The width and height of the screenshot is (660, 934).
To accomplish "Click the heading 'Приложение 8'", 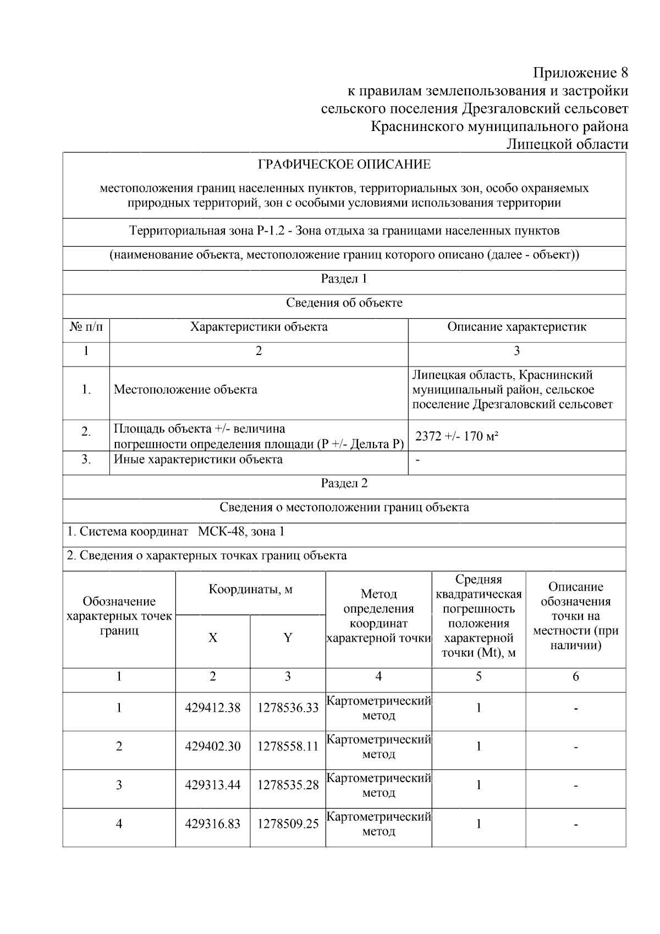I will coord(580,73).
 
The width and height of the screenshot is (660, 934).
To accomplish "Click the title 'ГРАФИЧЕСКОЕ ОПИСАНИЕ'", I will coord(344,165).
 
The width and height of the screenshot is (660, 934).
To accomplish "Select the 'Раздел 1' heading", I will coord(344,278).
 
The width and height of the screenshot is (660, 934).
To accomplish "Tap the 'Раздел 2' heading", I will coord(344,483).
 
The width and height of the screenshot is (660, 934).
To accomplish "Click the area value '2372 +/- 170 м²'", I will coord(457,436).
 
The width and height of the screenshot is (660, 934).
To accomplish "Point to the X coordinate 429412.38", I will coord(213,708).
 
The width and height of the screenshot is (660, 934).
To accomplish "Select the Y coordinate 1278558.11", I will coord(288,746).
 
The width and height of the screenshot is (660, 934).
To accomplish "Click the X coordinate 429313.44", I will coord(213,785).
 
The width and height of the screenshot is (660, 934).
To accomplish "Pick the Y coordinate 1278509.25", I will coord(288,824).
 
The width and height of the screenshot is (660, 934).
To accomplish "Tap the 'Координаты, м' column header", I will coord(250,590).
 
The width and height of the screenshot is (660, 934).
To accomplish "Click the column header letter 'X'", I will coord(213,638).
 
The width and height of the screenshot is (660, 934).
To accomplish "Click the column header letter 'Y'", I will coord(288,638).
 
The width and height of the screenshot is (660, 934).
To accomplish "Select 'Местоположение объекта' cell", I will coord(185,390).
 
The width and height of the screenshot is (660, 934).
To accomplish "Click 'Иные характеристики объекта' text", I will coord(198,459).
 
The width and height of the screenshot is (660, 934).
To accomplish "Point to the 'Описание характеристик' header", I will coord(516,327).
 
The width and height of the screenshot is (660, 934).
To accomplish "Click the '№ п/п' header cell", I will coord(86,327).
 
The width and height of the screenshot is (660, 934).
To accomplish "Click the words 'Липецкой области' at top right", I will coord(566,144).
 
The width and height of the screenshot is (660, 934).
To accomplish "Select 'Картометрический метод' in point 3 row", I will coord(378,785).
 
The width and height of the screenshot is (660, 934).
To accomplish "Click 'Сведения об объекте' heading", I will coord(344,303).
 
